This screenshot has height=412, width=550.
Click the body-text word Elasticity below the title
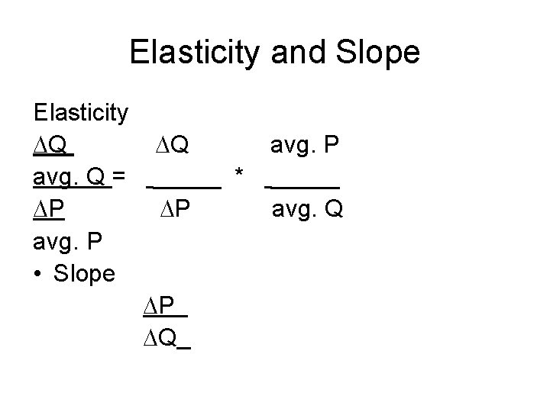[x=81, y=113]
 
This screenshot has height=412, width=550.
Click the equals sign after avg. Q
[x=119, y=178]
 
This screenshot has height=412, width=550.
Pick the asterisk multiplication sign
[x=240, y=177]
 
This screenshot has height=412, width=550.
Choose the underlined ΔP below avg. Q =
[x=49, y=209]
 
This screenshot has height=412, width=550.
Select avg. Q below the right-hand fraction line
[x=308, y=209]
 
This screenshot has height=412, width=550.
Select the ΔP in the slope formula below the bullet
[x=160, y=307]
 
